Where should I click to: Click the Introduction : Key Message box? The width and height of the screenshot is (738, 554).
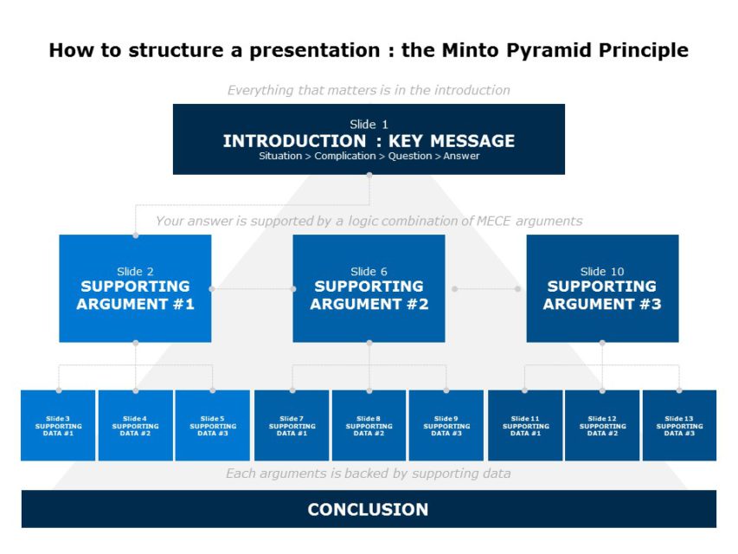point(369,138)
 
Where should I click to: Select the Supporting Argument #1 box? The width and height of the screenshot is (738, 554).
point(135,288)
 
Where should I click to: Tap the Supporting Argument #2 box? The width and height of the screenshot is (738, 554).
point(369,288)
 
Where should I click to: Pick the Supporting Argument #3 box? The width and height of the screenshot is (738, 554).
point(602,288)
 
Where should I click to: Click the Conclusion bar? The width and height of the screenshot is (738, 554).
point(369,509)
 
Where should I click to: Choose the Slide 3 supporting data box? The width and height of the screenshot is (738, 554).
point(58,425)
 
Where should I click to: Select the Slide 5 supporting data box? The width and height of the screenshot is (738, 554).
point(212,425)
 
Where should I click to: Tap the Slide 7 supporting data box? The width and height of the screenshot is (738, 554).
point(292,425)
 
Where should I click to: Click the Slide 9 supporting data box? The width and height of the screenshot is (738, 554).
point(446,425)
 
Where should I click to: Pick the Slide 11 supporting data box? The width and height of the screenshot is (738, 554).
point(525,425)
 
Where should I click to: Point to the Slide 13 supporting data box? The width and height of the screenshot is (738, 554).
point(679,425)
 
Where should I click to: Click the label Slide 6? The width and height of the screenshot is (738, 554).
point(369,271)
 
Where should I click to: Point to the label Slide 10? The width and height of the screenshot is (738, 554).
point(602,271)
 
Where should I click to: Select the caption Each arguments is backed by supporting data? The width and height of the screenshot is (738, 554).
point(369,473)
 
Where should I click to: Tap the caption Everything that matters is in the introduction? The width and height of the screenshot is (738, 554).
point(369,90)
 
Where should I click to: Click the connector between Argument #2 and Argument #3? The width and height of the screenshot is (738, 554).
point(485,288)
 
